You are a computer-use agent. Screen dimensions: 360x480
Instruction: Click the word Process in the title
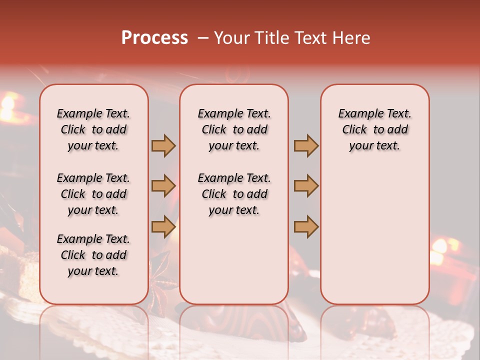[154, 38]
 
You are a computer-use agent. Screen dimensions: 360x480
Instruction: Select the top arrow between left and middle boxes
[163, 145]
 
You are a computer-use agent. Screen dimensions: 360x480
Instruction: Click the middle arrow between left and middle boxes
[163, 186]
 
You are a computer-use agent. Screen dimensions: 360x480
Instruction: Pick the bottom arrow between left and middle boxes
[163, 226]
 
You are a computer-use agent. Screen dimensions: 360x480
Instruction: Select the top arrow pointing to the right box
[306, 145]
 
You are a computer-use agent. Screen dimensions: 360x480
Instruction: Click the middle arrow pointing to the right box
[306, 186]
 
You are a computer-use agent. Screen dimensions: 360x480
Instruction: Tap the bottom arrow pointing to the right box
[306, 226]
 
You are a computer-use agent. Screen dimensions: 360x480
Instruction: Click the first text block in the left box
[93, 129]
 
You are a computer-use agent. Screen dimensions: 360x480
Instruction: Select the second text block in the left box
[93, 194]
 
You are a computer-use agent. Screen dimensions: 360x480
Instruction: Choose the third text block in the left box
[93, 255]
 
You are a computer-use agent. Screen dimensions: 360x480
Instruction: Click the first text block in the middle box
[234, 129]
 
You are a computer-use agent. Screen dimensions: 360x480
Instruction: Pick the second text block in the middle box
[234, 194]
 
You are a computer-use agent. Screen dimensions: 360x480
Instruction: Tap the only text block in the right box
[374, 129]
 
